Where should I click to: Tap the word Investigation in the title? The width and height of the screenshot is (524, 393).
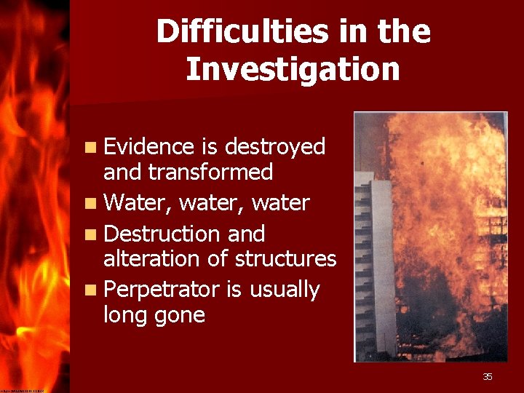pyautogui.click(x=293, y=70)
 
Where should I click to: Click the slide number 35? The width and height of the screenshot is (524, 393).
pyautogui.click(x=488, y=376)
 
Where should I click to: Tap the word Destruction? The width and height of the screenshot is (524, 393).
pyautogui.click(x=163, y=234)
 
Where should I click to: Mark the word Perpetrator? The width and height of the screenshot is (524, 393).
pyautogui.click(x=162, y=290)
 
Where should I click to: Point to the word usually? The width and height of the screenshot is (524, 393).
pyautogui.click(x=285, y=290)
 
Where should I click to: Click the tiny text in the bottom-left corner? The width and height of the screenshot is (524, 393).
pyautogui.click(x=22, y=390)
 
